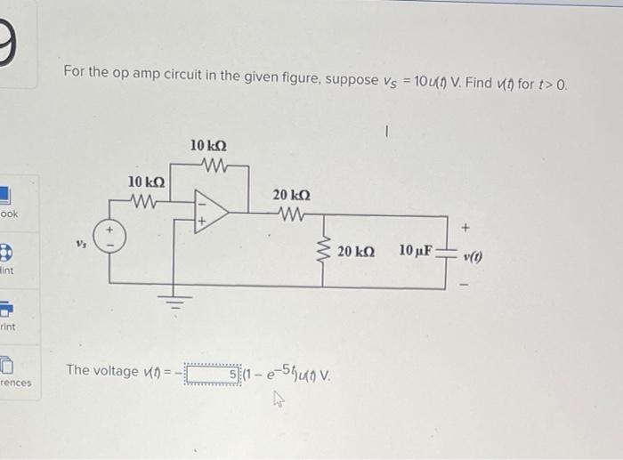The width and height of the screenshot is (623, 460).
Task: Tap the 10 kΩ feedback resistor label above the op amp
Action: tap(208, 144)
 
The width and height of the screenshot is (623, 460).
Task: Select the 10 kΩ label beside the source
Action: tap(146, 182)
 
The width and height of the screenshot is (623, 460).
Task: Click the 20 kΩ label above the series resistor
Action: tap(291, 196)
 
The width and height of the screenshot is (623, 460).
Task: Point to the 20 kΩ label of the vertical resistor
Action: tap(356, 252)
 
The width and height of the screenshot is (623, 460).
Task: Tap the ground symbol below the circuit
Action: tap(175, 303)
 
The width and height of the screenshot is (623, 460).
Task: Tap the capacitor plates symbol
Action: tap(445, 252)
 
